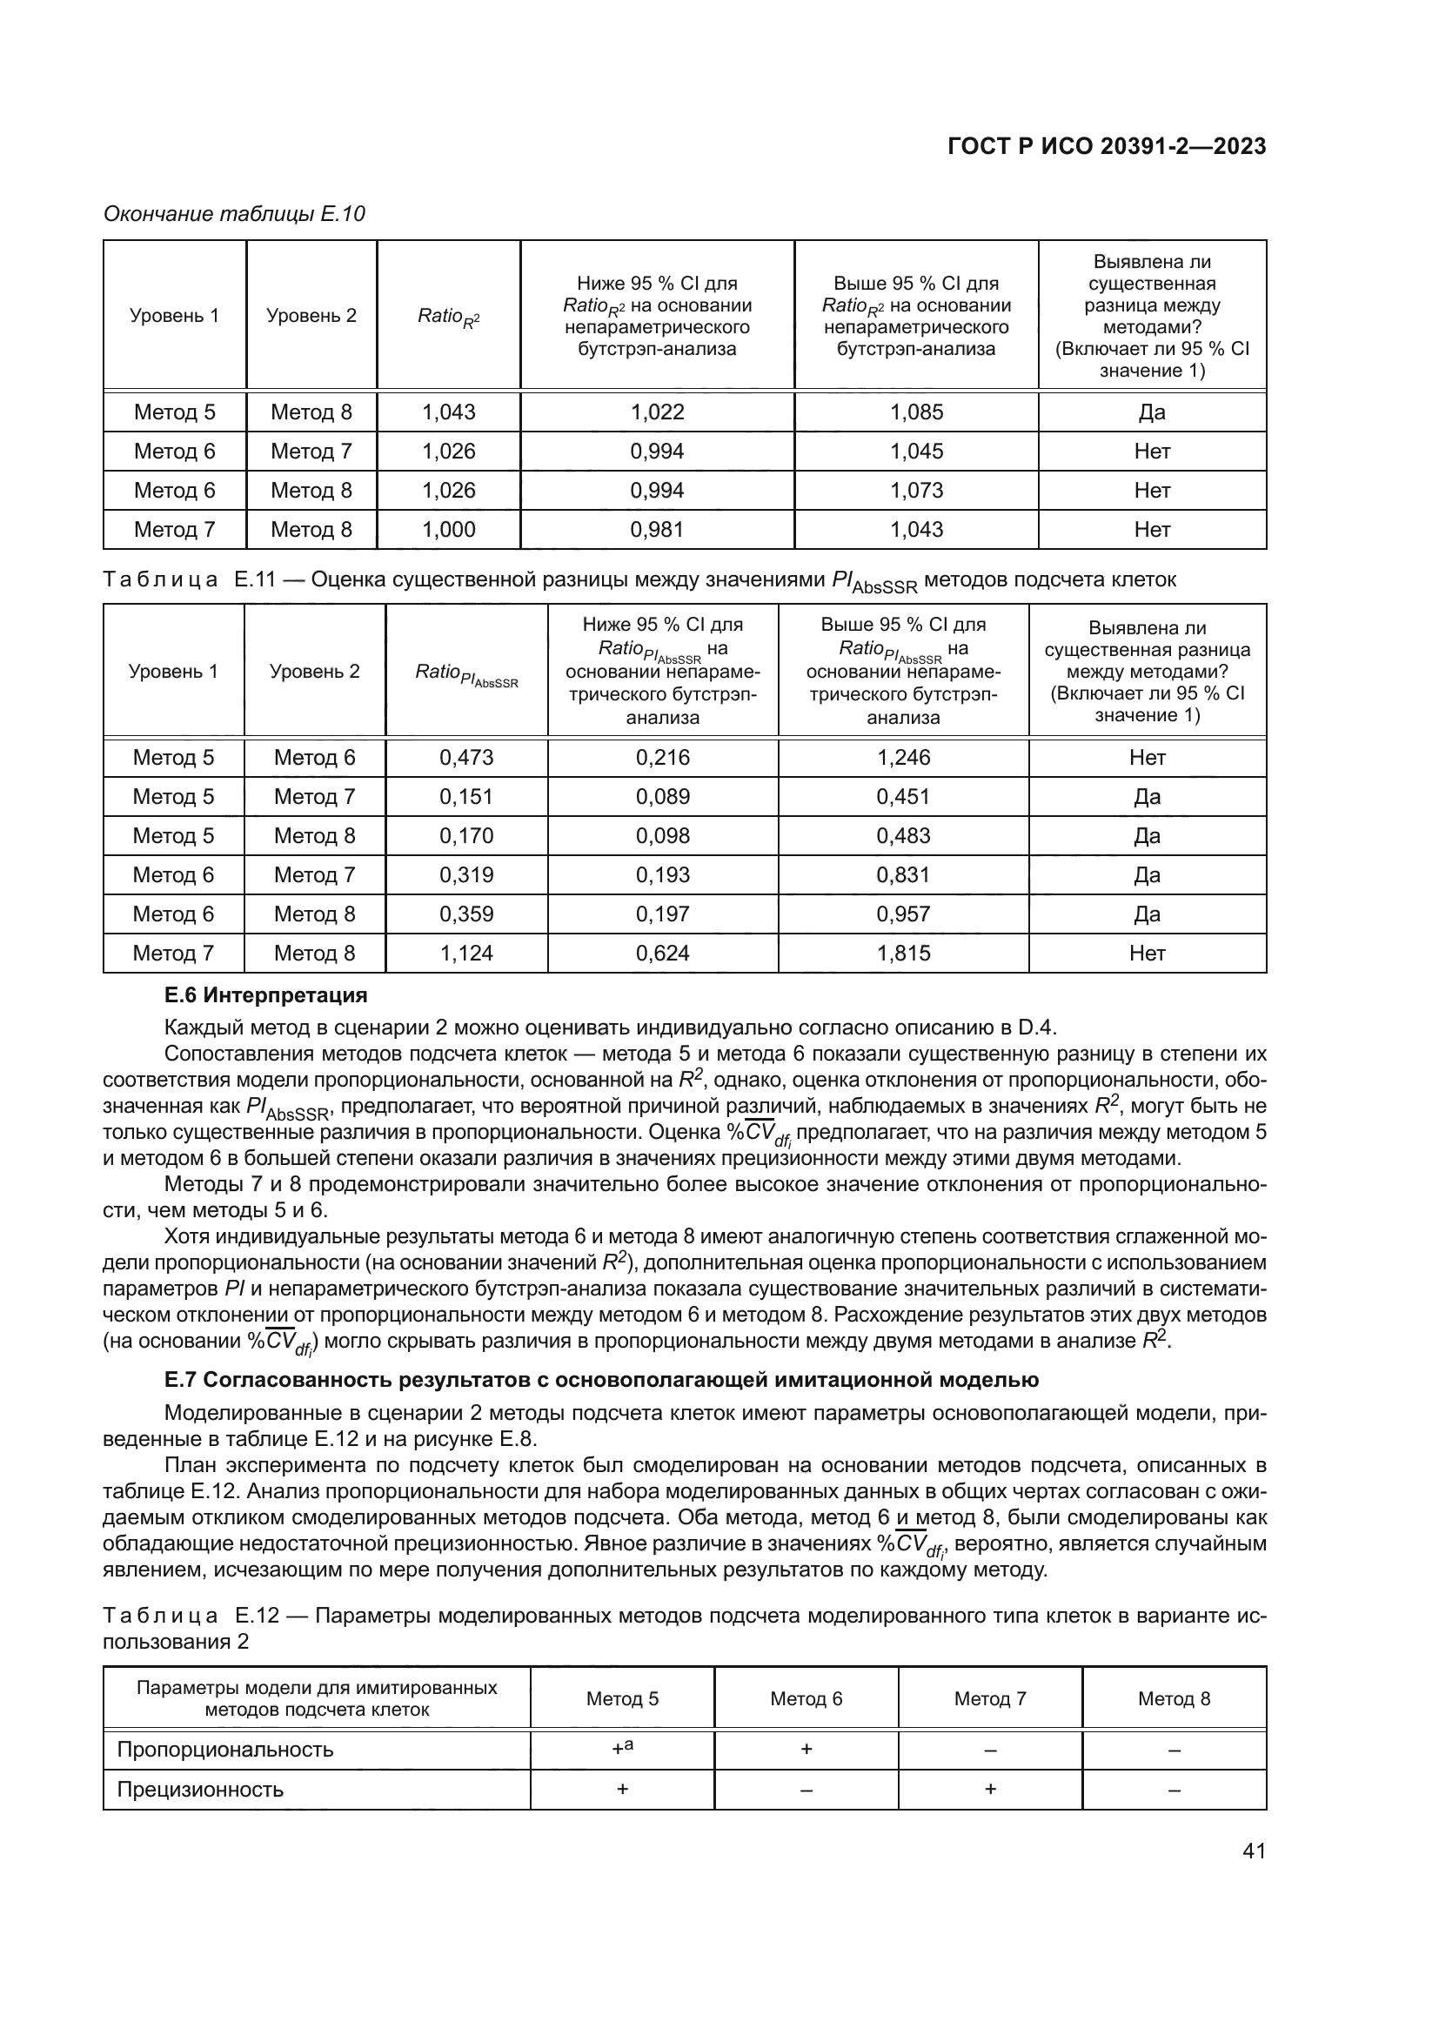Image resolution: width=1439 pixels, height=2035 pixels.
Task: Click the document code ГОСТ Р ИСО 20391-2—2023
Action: [x=1106, y=146]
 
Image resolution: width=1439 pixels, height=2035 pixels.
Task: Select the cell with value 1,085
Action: [x=916, y=412]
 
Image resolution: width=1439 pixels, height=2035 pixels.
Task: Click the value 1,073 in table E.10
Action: [x=916, y=490]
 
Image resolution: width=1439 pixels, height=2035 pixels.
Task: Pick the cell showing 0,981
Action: [x=657, y=529]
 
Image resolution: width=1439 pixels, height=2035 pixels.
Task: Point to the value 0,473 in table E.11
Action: [x=466, y=758]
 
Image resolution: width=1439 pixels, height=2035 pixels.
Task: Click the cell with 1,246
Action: [x=903, y=758]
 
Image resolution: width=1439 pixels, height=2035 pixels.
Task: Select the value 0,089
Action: [x=662, y=797]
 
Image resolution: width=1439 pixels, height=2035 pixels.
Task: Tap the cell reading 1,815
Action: [x=903, y=953]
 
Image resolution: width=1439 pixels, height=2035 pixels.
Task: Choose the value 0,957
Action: [x=903, y=914]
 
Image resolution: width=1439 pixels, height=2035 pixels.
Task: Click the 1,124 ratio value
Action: [x=466, y=953]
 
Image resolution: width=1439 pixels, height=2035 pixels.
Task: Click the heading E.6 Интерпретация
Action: [x=266, y=995]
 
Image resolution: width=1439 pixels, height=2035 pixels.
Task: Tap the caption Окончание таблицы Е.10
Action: [x=234, y=214]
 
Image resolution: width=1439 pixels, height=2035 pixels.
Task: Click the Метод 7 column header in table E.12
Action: [x=990, y=1699]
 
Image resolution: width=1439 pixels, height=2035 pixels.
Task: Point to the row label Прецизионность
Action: [x=200, y=1790]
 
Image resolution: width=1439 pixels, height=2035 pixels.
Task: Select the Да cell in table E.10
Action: [x=1152, y=412]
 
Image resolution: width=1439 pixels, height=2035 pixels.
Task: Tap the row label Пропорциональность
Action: [x=225, y=1750]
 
